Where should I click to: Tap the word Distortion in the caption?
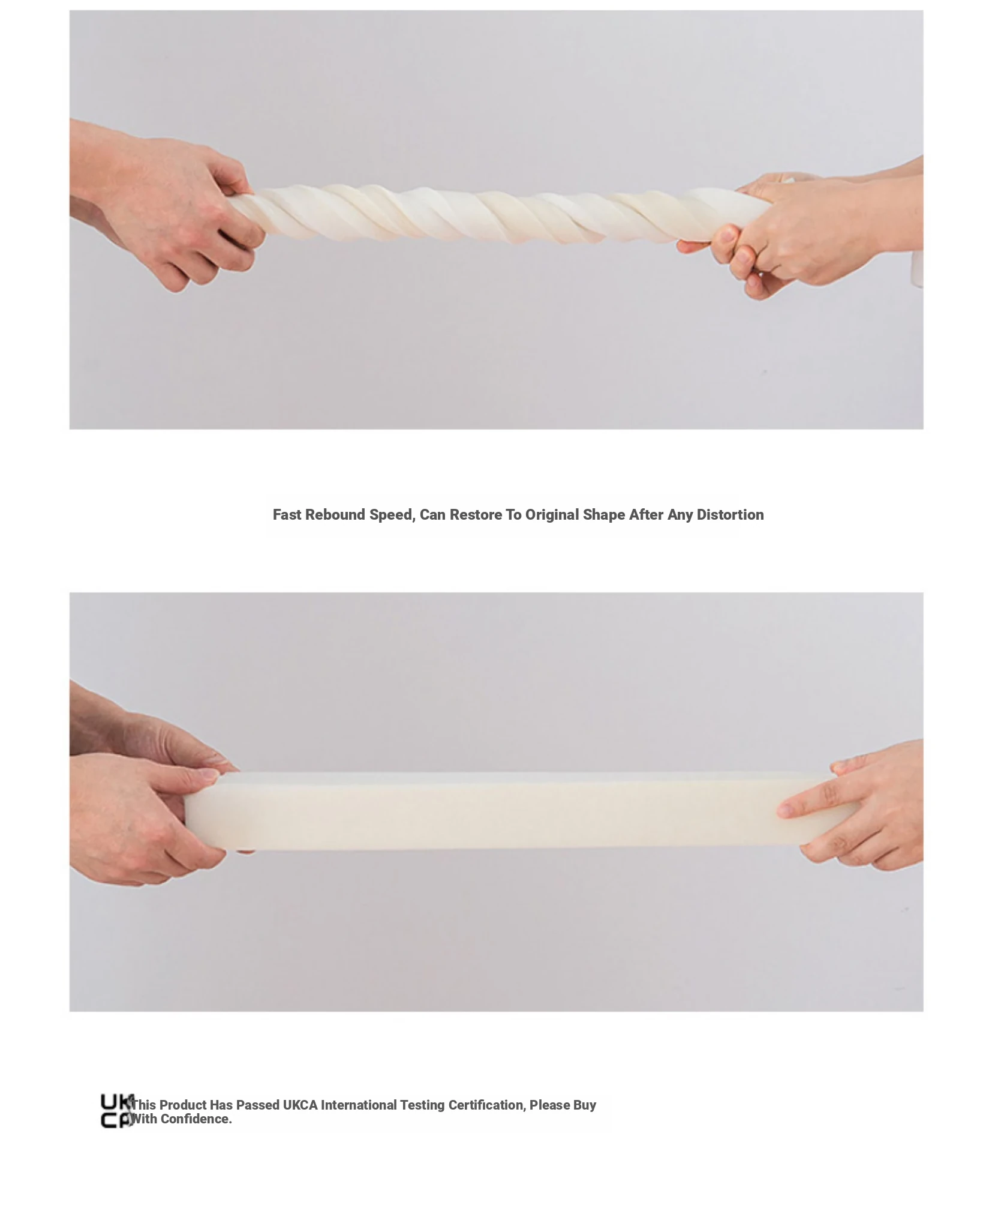pyautogui.click(x=730, y=515)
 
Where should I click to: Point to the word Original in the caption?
pyautogui.click(x=552, y=515)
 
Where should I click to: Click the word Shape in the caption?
pyautogui.click(x=604, y=515)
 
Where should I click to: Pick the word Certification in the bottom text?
pyautogui.click(x=486, y=1105)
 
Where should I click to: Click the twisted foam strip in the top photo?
pyautogui.click(x=498, y=215)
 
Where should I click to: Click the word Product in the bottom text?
pyautogui.click(x=183, y=1105)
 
